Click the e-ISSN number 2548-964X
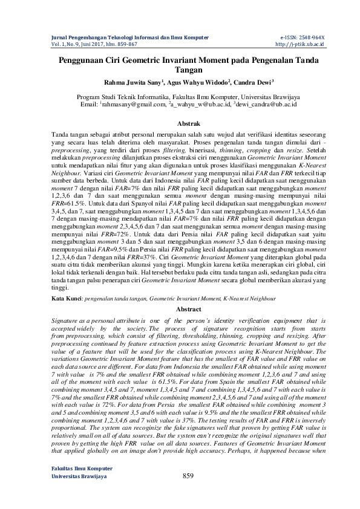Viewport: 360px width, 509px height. (310, 37)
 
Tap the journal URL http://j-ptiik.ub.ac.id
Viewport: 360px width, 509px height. (300, 44)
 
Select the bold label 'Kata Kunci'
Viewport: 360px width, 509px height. (65, 299)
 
